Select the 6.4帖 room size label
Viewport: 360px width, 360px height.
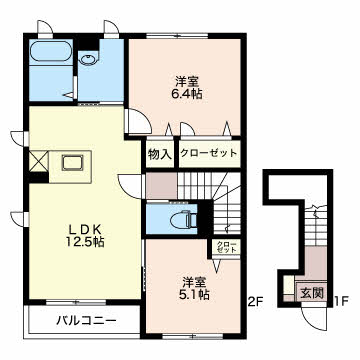point(185,89)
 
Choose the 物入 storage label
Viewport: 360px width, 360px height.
point(159,154)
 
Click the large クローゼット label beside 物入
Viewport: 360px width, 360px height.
point(208,154)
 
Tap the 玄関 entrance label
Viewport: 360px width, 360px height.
point(311,294)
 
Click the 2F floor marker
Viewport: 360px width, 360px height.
point(254,297)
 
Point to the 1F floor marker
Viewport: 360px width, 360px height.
point(340,297)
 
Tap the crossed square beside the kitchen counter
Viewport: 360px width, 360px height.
point(39,159)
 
